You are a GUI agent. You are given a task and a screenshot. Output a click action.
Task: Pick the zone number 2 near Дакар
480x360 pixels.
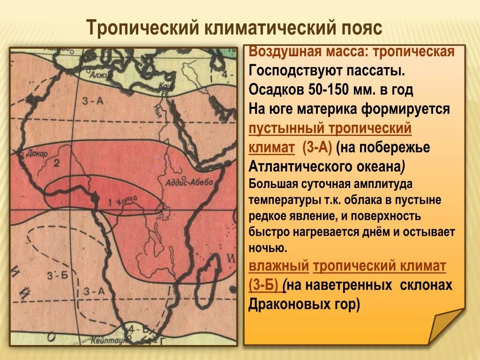pyautogui.click(x=56, y=163)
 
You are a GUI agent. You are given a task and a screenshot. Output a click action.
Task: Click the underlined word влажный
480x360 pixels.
pyautogui.click(x=278, y=267)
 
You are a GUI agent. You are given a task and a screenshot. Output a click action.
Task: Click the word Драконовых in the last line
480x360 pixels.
pyautogui.click(x=291, y=304)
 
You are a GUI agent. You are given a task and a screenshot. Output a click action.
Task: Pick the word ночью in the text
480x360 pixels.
pyautogui.click(x=267, y=247)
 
